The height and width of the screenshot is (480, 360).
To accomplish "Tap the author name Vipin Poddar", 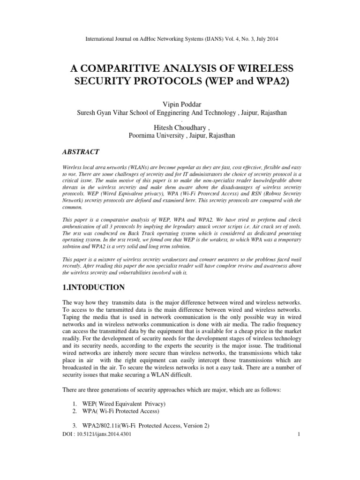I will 180,104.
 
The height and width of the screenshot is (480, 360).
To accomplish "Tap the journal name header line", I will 180,39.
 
